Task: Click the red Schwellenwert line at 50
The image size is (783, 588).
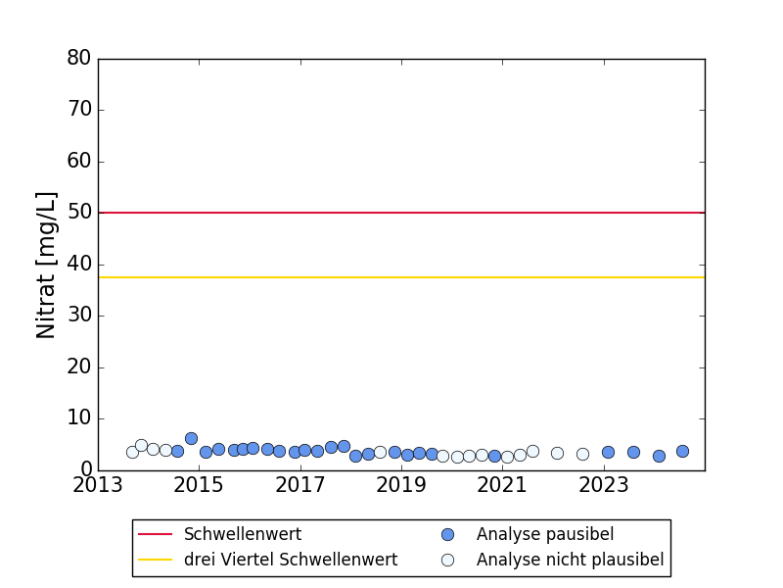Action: [x=401, y=213]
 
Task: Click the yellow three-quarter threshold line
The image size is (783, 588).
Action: [x=401, y=277]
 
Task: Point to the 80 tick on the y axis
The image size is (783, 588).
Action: [x=79, y=59]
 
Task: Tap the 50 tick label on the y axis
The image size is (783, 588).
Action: [x=79, y=213]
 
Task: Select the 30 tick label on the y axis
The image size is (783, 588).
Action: [x=79, y=316]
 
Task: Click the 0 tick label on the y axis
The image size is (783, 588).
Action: [x=85, y=470]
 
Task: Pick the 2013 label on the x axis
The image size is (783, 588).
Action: [x=98, y=485]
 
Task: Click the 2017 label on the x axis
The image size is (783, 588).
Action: [x=300, y=485]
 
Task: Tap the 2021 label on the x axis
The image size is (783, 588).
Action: [x=502, y=485]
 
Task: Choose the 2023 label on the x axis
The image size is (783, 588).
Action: [x=604, y=485]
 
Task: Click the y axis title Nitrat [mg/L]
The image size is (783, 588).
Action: [x=47, y=265]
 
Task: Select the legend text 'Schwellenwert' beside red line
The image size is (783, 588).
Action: [x=243, y=534]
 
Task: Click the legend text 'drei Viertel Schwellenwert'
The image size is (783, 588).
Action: [x=291, y=560]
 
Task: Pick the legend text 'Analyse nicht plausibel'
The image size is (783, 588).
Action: [x=570, y=560]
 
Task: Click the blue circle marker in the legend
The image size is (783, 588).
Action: [x=447, y=534]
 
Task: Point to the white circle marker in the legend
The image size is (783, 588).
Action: [x=447, y=560]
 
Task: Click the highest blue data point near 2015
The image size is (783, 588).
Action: [x=191, y=439]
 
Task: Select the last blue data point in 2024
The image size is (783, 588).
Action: [x=682, y=452]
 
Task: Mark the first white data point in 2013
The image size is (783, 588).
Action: [x=132, y=452]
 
